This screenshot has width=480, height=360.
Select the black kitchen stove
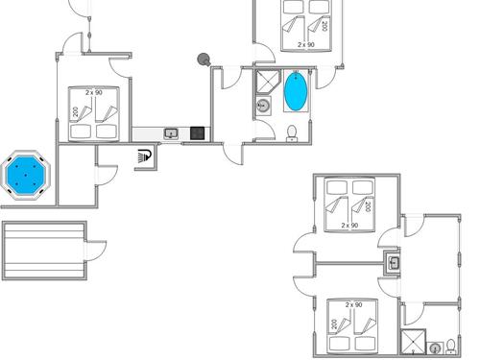pos(198,132)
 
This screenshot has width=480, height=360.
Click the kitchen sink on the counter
pos(171,133)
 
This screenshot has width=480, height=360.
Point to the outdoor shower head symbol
pos(145,154)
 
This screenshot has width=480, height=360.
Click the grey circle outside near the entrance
pos(203,60)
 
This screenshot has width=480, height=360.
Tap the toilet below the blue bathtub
pos(292,132)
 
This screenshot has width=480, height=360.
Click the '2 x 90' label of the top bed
pos(306,44)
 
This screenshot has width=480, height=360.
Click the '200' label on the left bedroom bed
pos(75,113)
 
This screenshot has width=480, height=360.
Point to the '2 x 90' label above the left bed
pos(94,92)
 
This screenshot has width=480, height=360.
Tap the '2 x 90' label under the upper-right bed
pos(349,226)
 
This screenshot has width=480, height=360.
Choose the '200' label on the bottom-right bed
pos(334,325)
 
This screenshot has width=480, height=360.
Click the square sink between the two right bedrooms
pos(394,262)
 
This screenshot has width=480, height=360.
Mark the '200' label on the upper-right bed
pos(366,206)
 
